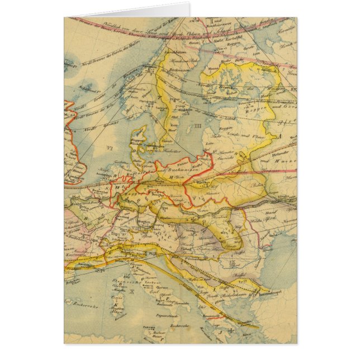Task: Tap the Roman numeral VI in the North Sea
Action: tap(109, 148)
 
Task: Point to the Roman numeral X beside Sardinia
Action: tap(131, 291)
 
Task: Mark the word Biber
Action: tap(258, 182)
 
